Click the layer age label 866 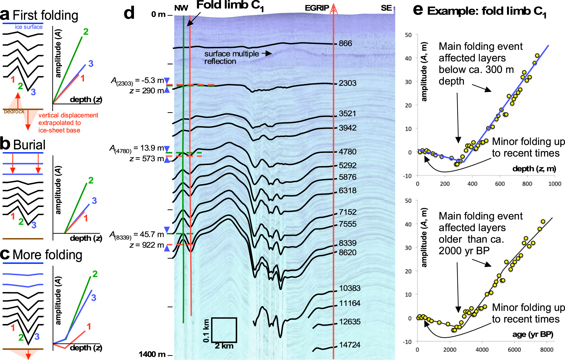click(x=345, y=43)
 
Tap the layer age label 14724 click(x=349, y=345)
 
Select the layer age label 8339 click(x=347, y=243)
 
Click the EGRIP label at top click(x=317, y=8)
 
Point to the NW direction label click(x=181, y=8)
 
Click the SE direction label click(x=386, y=8)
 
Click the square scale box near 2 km click(x=224, y=330)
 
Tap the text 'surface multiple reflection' click(x=231, y=57)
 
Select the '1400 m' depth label click(x=152, y=354)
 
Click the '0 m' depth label click(x=158, y=14)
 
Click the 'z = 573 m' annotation click(x=147, y=159)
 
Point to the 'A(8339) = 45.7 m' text click(x=137, y=235)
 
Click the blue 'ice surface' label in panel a click(x=29, y=27)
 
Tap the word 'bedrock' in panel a click(x=14, y=112)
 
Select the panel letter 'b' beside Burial click(x=5, y=144)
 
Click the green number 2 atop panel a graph click(x=86, y=32)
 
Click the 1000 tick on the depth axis click(x=554, y=184)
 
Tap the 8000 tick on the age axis click(x=546, y=350)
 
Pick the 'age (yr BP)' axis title click(x=532, y=334)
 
